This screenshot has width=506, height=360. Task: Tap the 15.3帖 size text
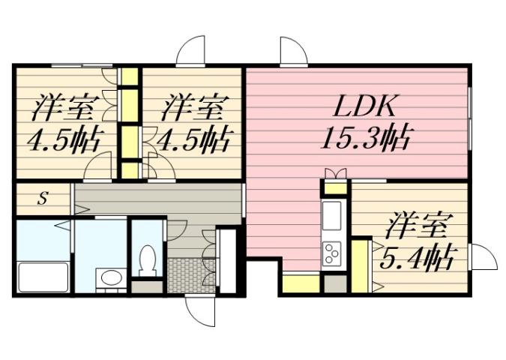[x=364, y=139]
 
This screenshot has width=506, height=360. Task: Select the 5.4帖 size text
[x=417, y=259]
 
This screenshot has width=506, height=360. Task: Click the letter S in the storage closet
[x=43, y=199]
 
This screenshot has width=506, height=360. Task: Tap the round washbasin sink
[x=110, y=278]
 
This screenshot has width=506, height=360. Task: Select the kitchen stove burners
[x=331, y=254]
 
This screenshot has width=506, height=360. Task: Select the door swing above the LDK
[x=292, y=51]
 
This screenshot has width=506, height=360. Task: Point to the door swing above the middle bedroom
[x=192, y=51]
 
